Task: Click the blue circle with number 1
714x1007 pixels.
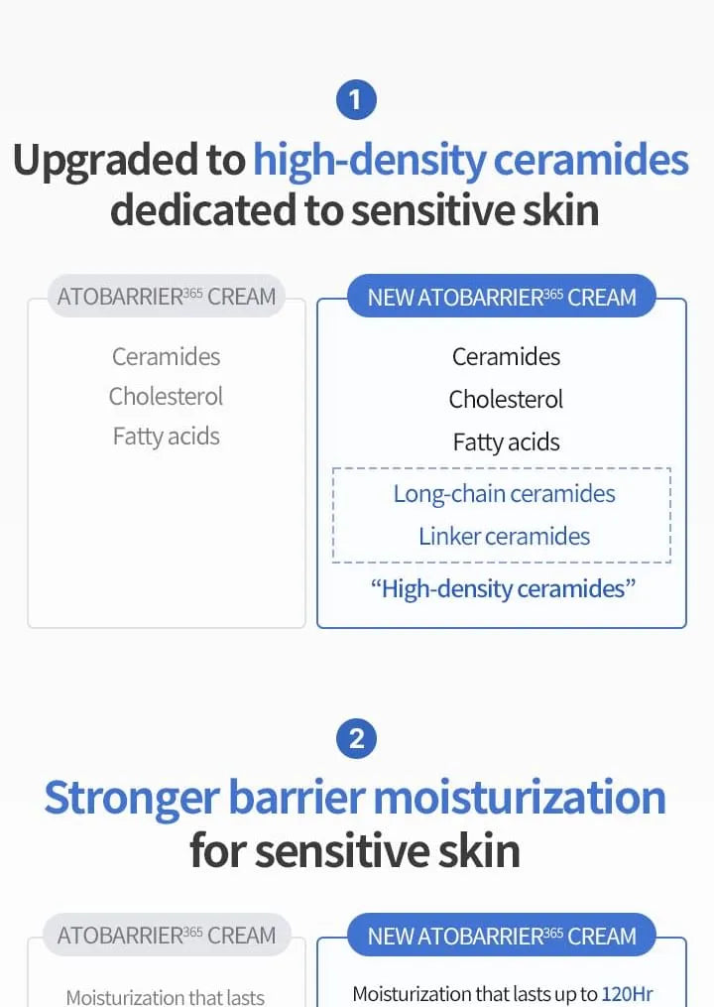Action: point(356,99)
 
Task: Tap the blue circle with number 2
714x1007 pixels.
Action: point(356,738)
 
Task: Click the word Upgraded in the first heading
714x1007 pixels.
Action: point(128,161)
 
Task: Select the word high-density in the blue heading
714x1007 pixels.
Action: point(370,161)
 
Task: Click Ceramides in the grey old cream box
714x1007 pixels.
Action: point(166,356)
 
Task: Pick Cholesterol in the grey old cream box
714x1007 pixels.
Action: point(166,396)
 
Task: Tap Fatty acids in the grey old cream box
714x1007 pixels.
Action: point(166,437)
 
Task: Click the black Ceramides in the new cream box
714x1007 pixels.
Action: point(506,356)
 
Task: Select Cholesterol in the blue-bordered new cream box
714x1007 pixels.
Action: point(506,400)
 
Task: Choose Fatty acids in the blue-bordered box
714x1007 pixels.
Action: point(506,442)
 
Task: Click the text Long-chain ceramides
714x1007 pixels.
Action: point(504,494)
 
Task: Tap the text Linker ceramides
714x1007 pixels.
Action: point(504,537)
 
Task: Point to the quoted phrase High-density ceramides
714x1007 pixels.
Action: point(503,589)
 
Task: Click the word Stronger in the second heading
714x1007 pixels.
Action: point(133,799)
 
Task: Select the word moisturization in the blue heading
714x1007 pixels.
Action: point(520,797)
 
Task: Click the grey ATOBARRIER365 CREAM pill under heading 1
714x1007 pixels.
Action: point(167,296)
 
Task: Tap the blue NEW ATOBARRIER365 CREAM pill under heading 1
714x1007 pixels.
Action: point(502,296)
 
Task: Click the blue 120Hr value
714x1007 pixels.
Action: point(627,993)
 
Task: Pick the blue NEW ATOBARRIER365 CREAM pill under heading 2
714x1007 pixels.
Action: point(502,935)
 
